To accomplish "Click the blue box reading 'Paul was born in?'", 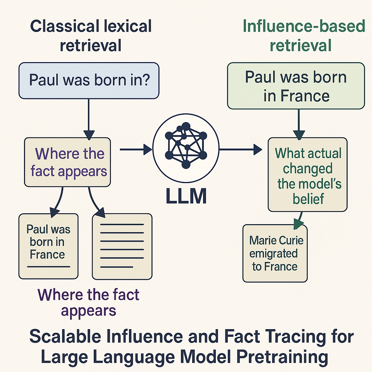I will click(89, 81).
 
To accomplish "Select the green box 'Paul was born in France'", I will click(296, 86).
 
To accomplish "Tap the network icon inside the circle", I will click(186, 145).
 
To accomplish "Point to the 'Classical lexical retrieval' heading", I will click(91, 36).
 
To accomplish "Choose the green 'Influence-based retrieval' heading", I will click(304, 36).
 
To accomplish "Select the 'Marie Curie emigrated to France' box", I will click(275, 253).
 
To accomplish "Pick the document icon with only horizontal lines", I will click(122, 246).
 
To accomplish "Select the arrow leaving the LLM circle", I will click(240, 149).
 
